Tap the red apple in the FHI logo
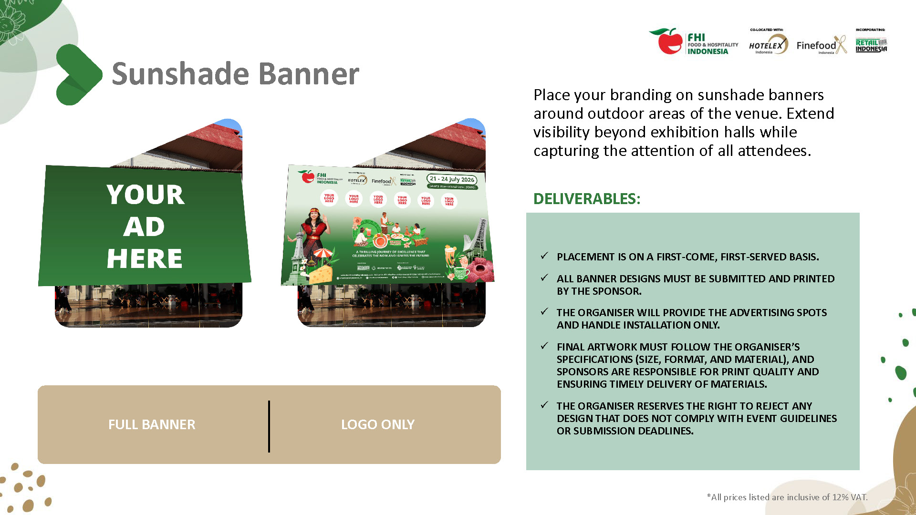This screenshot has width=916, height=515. [x=669, y=42]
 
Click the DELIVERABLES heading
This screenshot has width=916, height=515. [x=586, y=199]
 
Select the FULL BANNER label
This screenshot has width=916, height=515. [x=152, y=424]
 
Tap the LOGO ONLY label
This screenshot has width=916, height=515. [x=377, y=424]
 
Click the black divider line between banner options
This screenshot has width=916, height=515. [x=269, y=426]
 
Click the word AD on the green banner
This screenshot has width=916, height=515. [x=144, y=227]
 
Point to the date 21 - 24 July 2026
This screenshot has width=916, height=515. [x=451, y=179]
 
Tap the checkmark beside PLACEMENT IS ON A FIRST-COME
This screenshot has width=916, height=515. [x=544, y=256]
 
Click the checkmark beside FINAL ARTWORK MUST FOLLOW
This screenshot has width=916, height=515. [x=544, y=346]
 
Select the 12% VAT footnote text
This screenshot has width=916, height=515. [x=787, y=497]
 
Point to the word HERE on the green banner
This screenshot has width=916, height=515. [x=144, y=259]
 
